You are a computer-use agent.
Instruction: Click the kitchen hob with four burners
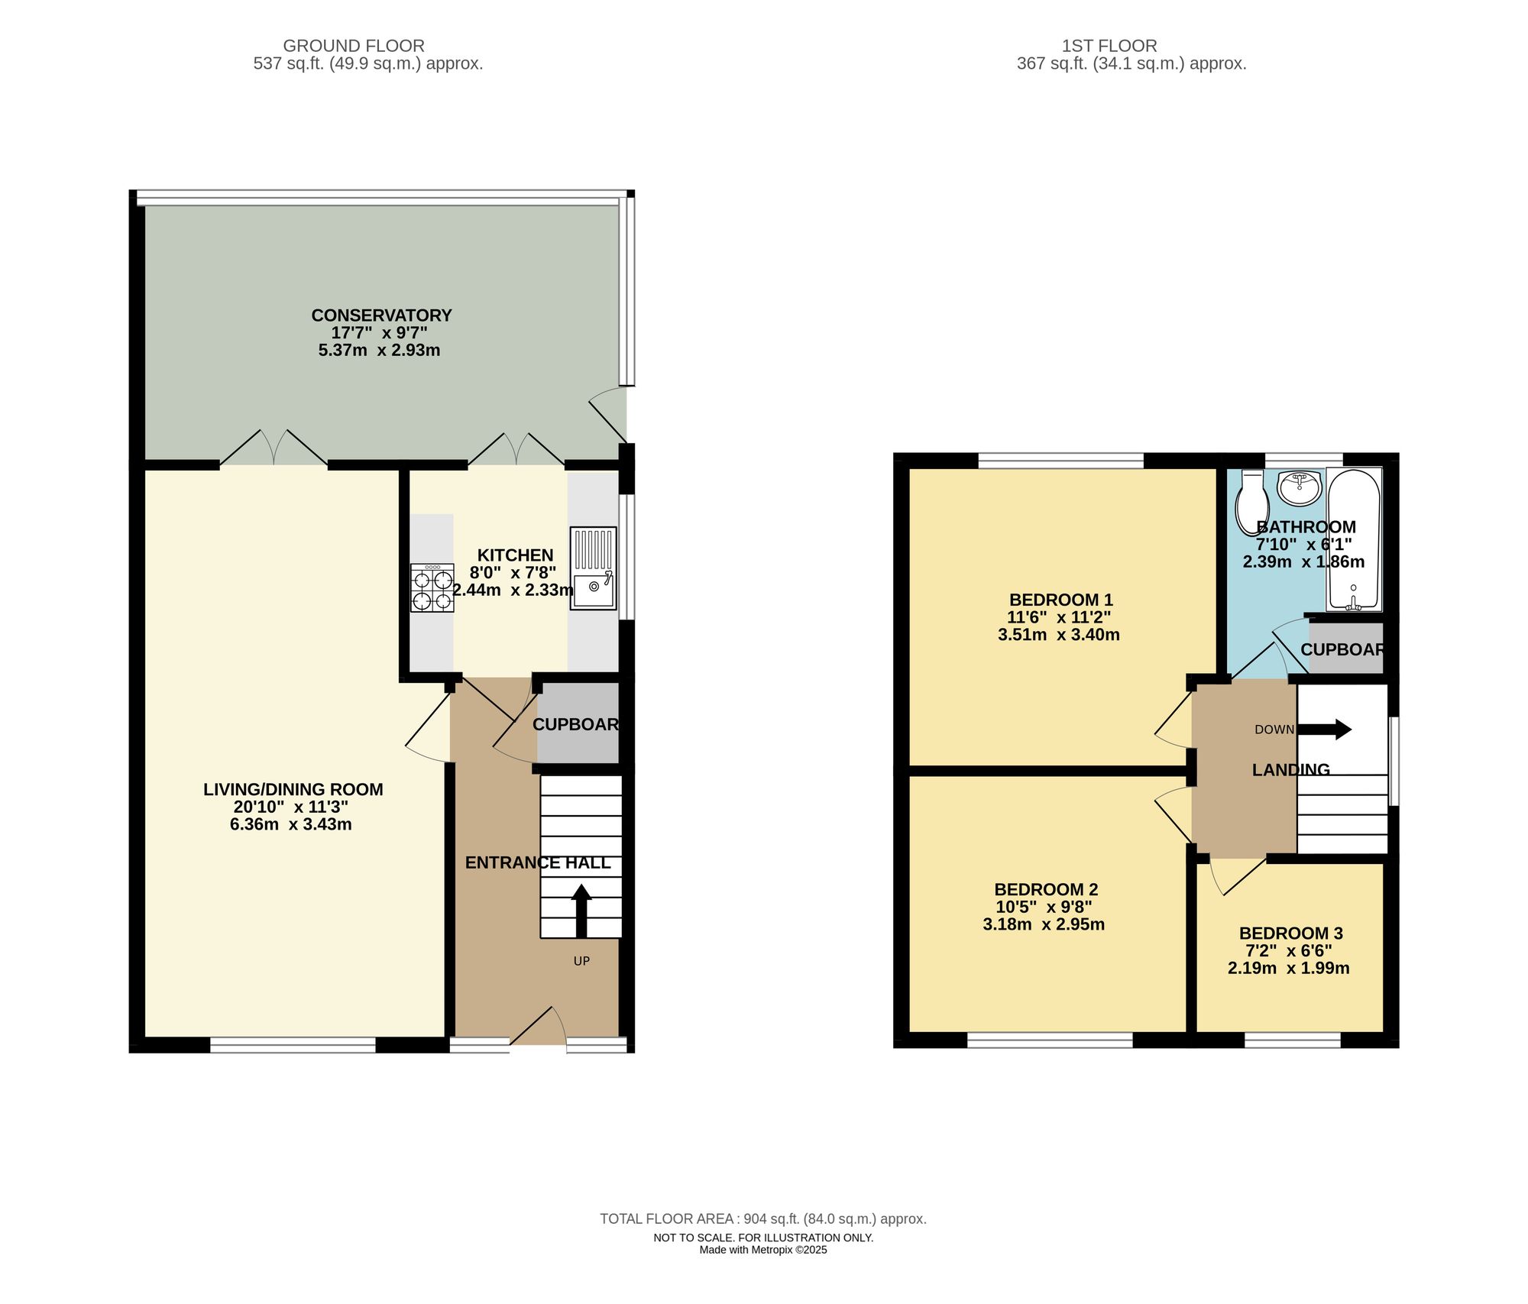[432, 588]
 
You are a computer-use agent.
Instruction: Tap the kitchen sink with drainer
[593, 568]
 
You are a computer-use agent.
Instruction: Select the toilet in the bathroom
[1252, 501]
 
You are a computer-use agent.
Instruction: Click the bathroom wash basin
[1299, 487]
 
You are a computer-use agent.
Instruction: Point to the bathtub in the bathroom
[1354, 539]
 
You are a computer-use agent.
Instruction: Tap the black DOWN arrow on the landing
[1325, 730]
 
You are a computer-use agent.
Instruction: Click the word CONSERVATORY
[381, 315]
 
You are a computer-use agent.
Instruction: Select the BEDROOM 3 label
[1290, 933]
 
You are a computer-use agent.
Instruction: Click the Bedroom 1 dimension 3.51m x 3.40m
[1058, 635]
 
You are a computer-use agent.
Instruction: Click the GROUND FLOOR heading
[354, 46]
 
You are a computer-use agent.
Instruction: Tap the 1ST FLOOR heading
[1109, 46]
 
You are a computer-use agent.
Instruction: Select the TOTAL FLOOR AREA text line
[762, 1218]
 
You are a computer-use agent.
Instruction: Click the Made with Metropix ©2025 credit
[762, 1251]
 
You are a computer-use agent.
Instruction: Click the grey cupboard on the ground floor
[578, 723]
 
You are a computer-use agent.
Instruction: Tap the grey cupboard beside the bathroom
[1345, 649]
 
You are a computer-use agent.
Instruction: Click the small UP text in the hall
[581, 961]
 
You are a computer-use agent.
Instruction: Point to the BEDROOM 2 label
[1045, 889]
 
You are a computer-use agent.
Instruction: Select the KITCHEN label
[515, 555]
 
